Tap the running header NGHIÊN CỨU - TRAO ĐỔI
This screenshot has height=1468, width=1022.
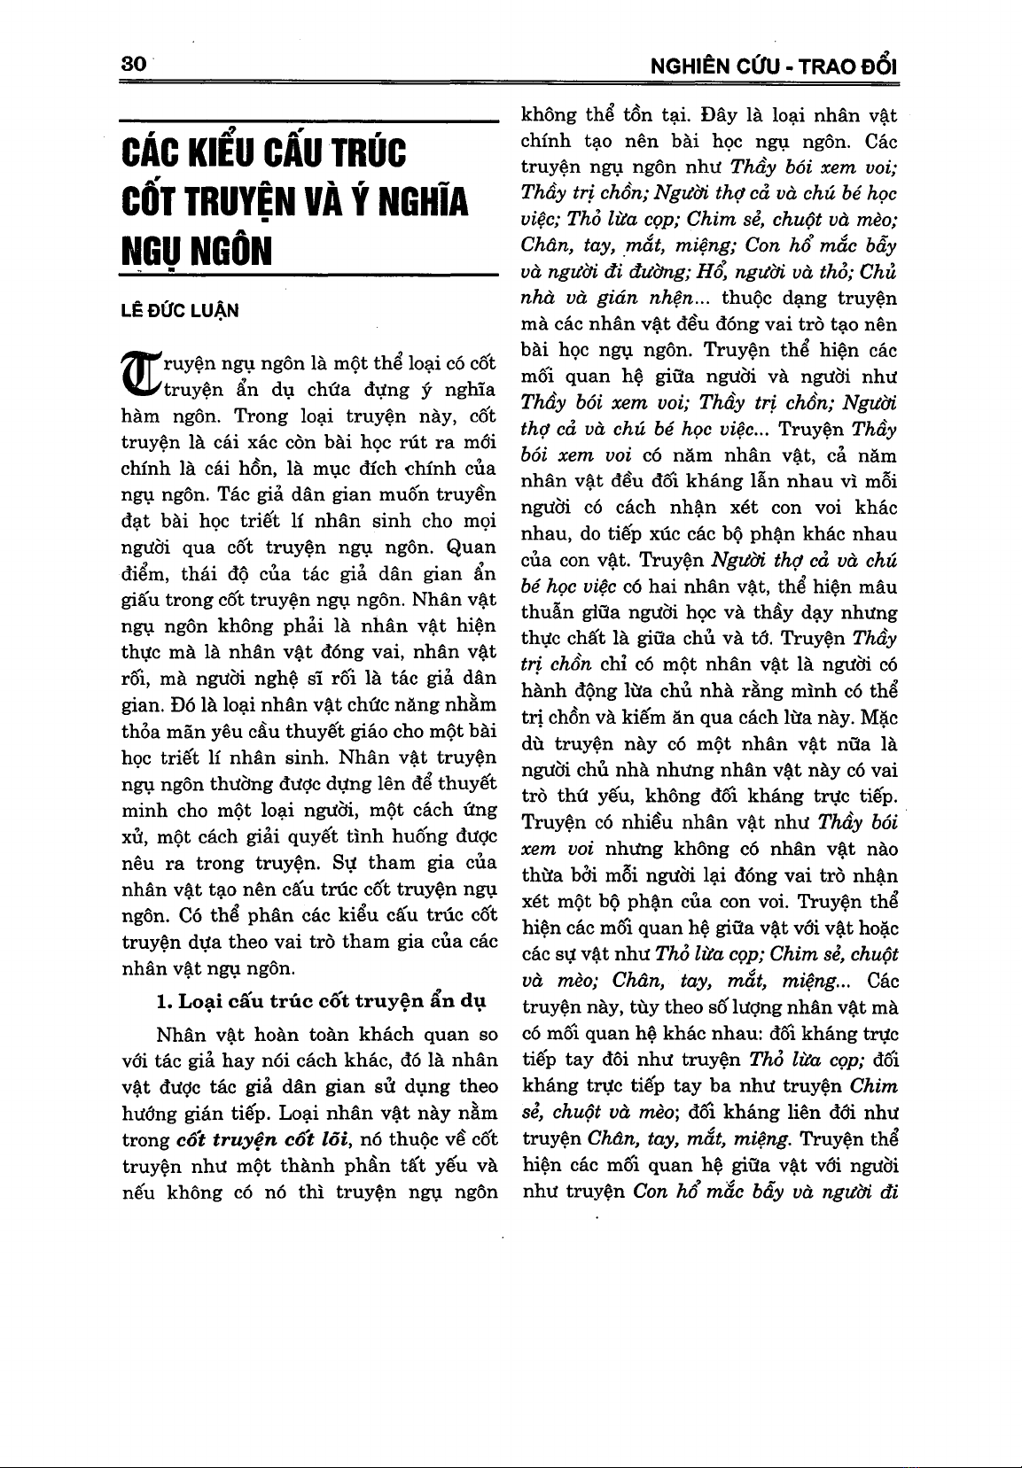pyautogui.click(x=774, y=66)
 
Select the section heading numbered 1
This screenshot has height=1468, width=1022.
pyautogui.click(x=321, y=1002)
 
